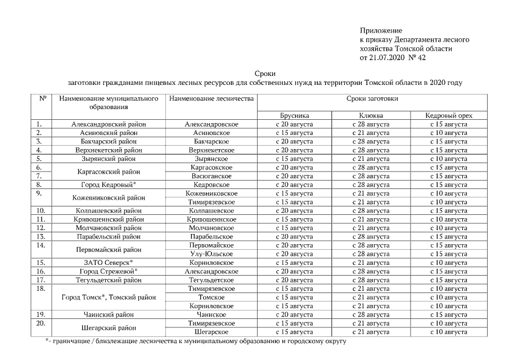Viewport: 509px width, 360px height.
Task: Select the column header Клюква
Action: click(x=370, y=115)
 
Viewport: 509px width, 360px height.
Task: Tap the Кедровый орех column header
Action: click(x=448, y=115)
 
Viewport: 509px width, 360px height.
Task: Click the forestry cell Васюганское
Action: click(x=211, y=176)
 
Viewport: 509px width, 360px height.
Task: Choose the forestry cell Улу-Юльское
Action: click(x=211, y=254)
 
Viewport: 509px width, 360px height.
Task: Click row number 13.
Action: click(x=40, y=236)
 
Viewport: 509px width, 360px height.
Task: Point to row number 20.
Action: click(x=40, y=323)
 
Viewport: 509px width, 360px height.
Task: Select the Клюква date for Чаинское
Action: click(x=370, y=314)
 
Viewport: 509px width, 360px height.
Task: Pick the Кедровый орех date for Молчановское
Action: click(x=448, y=228)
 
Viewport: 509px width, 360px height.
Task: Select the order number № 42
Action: click(x=416, y=57)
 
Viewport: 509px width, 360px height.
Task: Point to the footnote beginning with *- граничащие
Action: click(x=195, y=341)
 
